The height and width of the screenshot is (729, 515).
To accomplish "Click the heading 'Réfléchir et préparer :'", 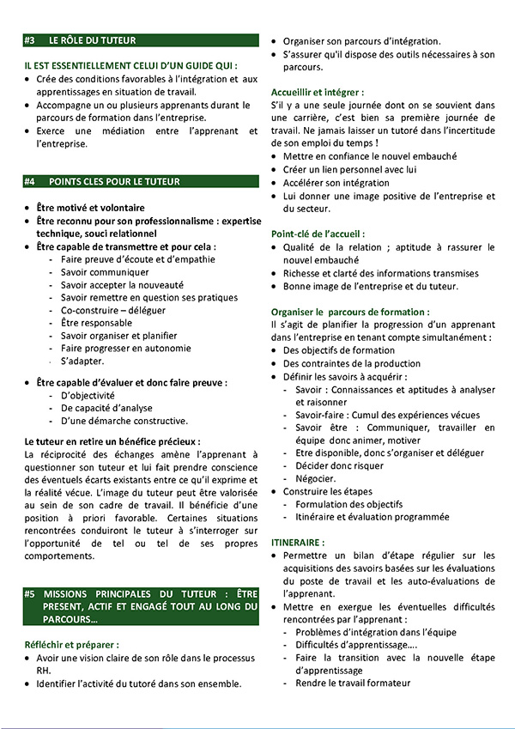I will coord(71,643).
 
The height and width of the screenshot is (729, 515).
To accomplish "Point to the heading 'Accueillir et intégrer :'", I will coord(317,91).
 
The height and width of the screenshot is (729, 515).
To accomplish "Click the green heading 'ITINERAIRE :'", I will coord(298,543).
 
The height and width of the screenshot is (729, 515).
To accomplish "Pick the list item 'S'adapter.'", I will coord(83,361).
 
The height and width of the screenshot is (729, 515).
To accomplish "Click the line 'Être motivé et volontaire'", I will coord(90,208).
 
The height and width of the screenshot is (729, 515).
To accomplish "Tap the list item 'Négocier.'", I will coord(315,478).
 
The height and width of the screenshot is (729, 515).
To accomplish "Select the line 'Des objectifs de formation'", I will coord(339,350).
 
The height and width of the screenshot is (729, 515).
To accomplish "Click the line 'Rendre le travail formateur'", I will coord(353,683).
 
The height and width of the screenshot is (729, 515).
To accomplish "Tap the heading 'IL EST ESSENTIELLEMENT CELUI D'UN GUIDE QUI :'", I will coord(130,65).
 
